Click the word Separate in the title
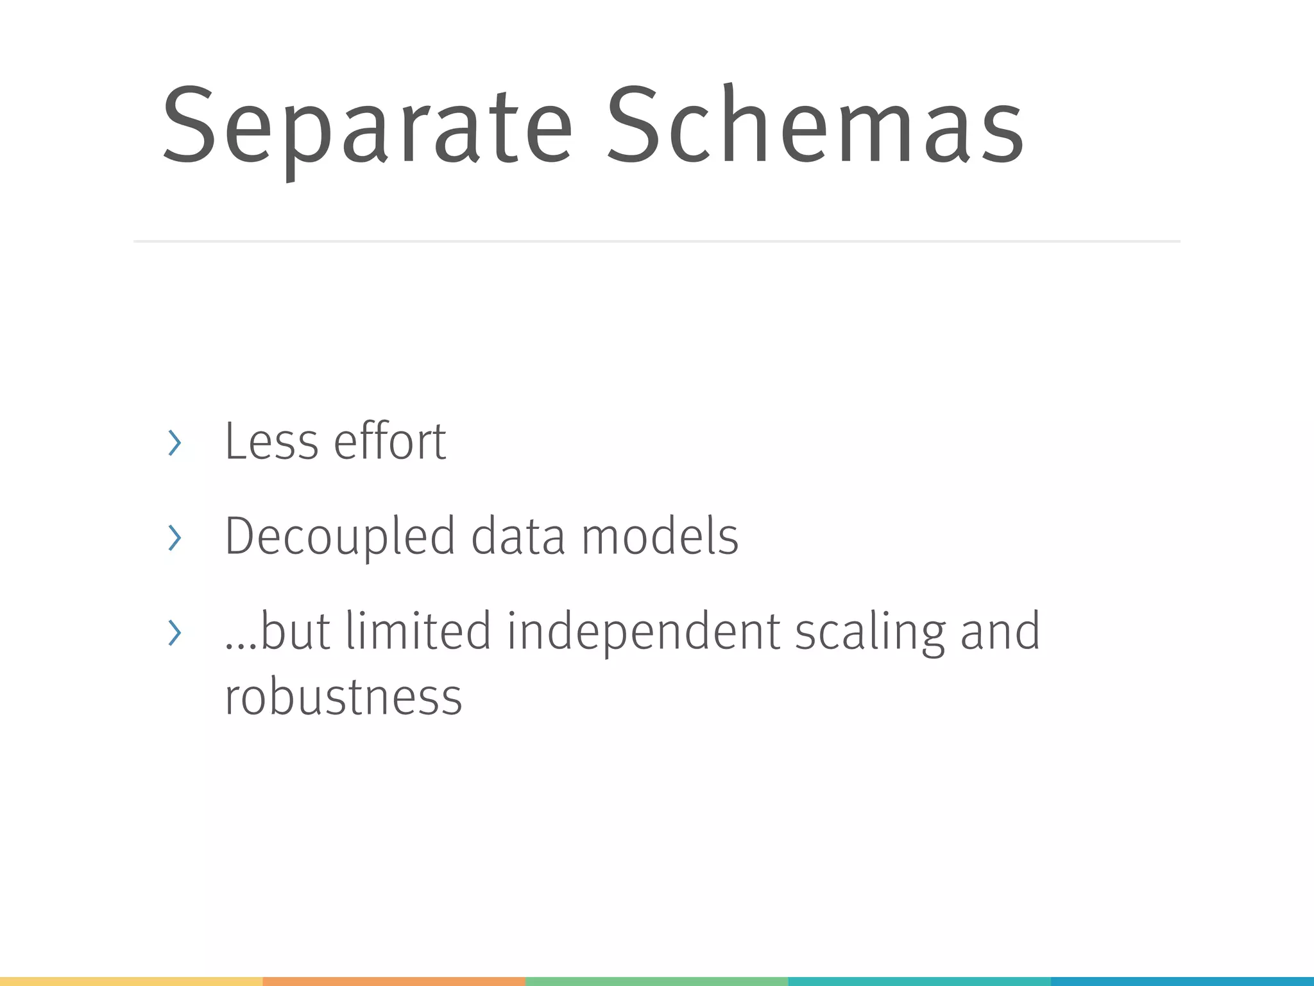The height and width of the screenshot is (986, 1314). pyautogui.click(x=366, y=128)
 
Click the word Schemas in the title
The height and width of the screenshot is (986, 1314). pyautogui.click(x=815, y=125)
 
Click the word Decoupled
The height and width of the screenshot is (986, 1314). pyautogui.click(x=339, y=537)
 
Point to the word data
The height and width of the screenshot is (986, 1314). pyautogui.click(x=518, y=537)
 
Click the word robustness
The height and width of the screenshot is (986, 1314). pyautogui.click(x=343, y=697)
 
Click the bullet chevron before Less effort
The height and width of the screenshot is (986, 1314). pyautogui.click(x=174, y=443)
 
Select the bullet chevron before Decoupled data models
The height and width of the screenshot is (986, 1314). pyautogui.click(x=174, y=538)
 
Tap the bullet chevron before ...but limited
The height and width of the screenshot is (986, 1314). pyautogui.click(x=174, y=633)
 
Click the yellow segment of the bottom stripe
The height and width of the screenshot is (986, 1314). pyautogui.click(x=131, y=982)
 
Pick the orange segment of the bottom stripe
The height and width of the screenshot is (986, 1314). pyautogui.click(x=394, y=982)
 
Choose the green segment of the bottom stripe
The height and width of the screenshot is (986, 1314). pyautogui.click(x=656, y=982)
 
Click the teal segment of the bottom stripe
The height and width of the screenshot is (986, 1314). pyautogui.click(x=919, y=982)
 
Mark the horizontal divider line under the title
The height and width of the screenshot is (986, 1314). pyautogui.click(x=656, y=241)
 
